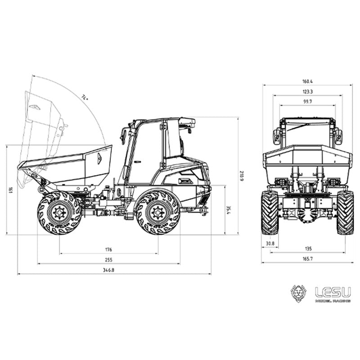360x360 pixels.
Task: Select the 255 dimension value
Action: point(108,260)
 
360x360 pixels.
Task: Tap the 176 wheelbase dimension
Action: point(108,249)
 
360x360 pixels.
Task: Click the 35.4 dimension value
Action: point(229,210)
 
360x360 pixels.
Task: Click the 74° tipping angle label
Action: point(85,97)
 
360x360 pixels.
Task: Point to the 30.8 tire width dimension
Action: point(270,243)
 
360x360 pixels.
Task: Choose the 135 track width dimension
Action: point(309,248)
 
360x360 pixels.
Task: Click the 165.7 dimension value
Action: point(308,259)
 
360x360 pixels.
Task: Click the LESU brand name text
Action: point(333,292)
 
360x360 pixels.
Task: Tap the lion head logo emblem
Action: point(299,293)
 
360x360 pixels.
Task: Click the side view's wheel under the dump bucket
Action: point(59,212)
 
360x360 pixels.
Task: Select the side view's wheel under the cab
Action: point(157,212)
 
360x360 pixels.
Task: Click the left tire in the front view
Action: point(270,212)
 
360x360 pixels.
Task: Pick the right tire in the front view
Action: point(345,212)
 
